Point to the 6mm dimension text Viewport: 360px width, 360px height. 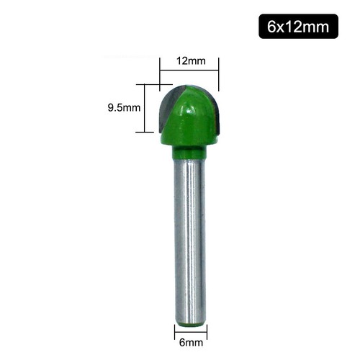point(190,343)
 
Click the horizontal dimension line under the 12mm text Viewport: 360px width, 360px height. point(189,70)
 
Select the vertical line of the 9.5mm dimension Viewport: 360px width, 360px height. point(147,108)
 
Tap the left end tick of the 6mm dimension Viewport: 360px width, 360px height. point(175,331)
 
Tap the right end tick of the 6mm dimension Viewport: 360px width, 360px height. point(206,331)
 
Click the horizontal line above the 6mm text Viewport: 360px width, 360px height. point(190,332)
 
